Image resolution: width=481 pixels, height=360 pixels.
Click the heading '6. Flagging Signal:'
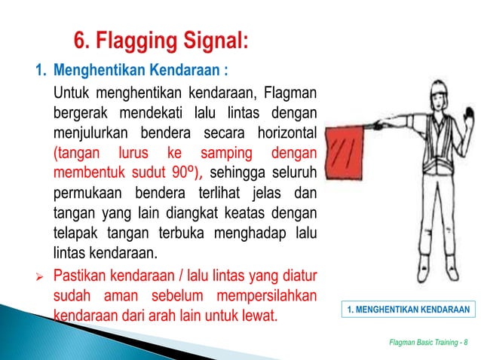159,38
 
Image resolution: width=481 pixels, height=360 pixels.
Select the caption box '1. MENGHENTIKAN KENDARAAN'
406,310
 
